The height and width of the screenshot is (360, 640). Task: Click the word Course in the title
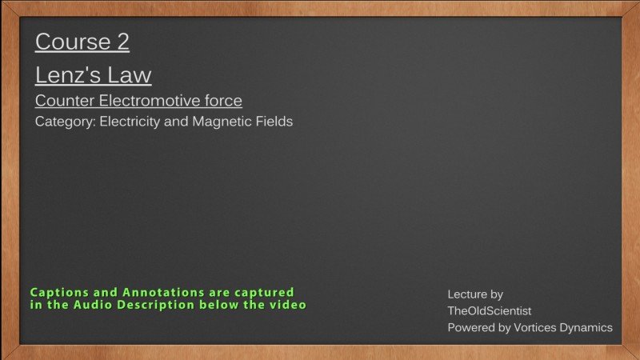pyautogui.click(x=73, y=42)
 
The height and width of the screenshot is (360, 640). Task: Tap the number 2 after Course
pyautogui.click(x=123, y=42)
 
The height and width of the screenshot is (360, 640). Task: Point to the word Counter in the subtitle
pyautogui.click(x=65, y=101)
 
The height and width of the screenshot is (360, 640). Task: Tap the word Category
pyautogui.click(x=66, y=122)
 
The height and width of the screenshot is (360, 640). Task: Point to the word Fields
pyautogui.click(x=274, y=122)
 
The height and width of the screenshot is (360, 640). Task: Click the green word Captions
pyautogui.click(x=59, y=293)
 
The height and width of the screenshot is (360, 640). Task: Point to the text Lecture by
pyautogui.click(x=475, y=294)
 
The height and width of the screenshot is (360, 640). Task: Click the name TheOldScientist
pyautogui.click(x=490, y=311)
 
